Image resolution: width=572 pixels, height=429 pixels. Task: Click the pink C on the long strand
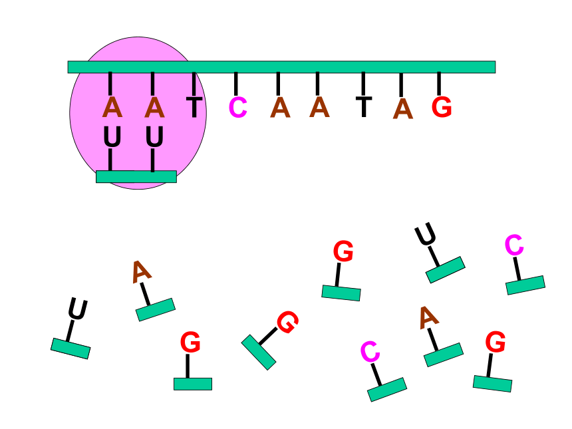click(x=238, y=108)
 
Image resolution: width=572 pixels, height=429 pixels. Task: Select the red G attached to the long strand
click(x=442, y=107)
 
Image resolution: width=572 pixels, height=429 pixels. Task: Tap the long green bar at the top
click(x=281, y=67)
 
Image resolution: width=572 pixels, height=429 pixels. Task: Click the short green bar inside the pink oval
click(x=136, y=176)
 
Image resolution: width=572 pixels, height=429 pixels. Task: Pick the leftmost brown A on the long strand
click(x=112, y=107)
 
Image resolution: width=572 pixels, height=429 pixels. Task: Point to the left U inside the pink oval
click(x=112, y=137)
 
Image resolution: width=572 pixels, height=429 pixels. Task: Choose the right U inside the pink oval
click(x=154, y=137)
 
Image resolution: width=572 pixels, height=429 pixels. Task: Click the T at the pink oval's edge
click(x=194, y=107)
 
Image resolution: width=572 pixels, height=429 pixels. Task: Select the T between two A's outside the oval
click(x=364, y=107)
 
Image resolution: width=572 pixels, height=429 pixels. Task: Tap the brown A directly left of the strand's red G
click(x=403, y=108)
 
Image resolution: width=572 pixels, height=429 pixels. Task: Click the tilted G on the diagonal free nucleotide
click(x=288, y=322)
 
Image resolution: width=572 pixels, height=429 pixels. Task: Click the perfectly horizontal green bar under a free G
click(x=193, y=384)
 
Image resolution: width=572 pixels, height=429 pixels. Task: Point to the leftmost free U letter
click(x=78, y=309)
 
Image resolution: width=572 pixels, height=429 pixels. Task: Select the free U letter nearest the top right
click(x=425, y=234)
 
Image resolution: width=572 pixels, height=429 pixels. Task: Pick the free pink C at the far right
click(x=514, y=245)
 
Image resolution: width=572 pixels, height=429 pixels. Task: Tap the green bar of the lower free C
click(x=387, y=390)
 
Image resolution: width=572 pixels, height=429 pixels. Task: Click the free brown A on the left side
click(x=141, y=272)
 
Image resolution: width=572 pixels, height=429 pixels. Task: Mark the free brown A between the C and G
click(x=428, y=318)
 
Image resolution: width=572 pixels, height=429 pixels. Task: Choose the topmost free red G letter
click(x=343, y=251)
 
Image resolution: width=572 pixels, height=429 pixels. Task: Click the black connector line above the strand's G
click(x=439, y=84)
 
